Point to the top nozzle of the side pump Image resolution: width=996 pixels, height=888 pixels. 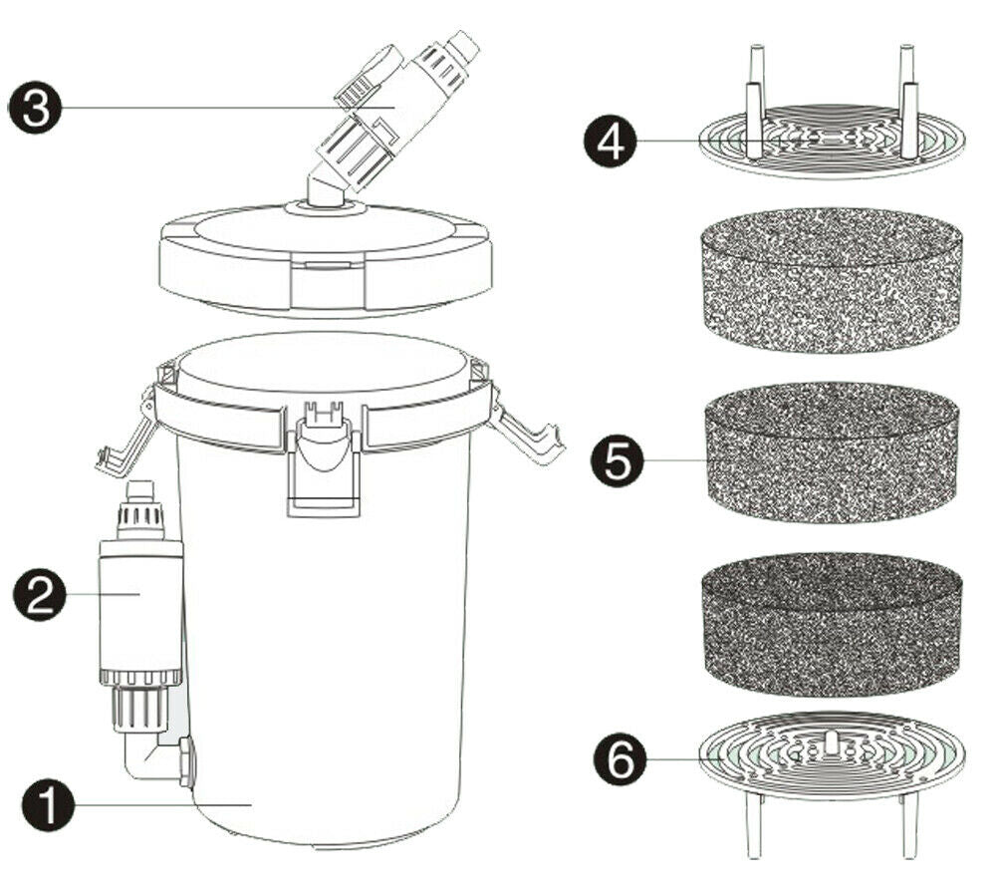pos(138,492)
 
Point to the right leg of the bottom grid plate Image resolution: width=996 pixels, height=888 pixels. pos(908,826)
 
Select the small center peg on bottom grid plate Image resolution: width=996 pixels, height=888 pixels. pos(829,743)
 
